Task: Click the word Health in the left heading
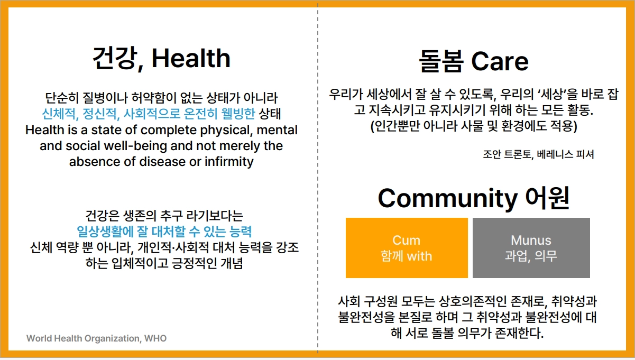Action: [x=191, y=58]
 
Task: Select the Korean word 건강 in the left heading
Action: [x=115, y=58]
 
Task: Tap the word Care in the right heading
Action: [x=500, y=61]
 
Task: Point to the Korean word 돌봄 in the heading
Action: [x=441, y=61]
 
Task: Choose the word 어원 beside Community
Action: [x=547, y=198]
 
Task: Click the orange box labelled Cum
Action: [x=407, y=248]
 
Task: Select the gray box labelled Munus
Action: [x=531, y=248]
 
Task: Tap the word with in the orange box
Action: [x=419, y=256]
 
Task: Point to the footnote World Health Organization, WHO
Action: [x=96, y=338]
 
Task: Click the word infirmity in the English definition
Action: [x=229, y=162]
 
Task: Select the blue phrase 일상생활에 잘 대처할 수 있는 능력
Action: [x=164, y=232]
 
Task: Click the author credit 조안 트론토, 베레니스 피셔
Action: [x=538, y=154]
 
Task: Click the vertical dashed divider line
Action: [x=318, y=178]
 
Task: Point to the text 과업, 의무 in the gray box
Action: [x=531, y=256]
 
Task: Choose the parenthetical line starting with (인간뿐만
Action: [x=474, y=126]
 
